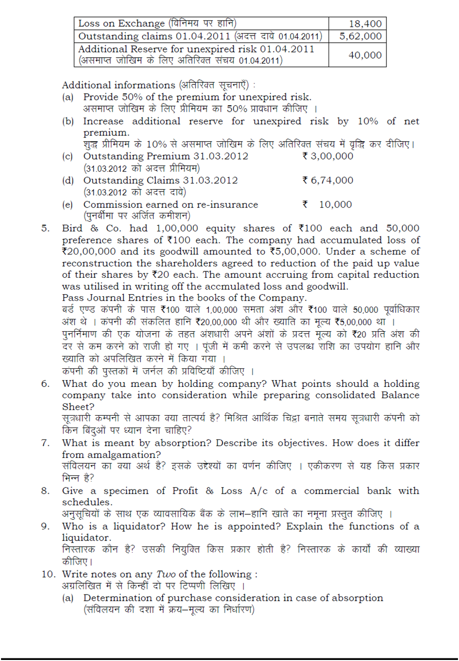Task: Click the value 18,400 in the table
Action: [365, 23]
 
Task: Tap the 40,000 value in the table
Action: [365, 56]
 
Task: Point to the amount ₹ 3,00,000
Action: [328, 156]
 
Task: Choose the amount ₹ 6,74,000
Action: [328, 180]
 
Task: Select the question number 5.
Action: [45, 228]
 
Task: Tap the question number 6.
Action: [45, 384]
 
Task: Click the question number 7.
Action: [45, 443]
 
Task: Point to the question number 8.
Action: [45, 491]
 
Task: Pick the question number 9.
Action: [45, 527]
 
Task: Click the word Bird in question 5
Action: [73, 228]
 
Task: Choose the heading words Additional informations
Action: [118, 86]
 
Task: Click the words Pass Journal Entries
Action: [116, 298]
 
